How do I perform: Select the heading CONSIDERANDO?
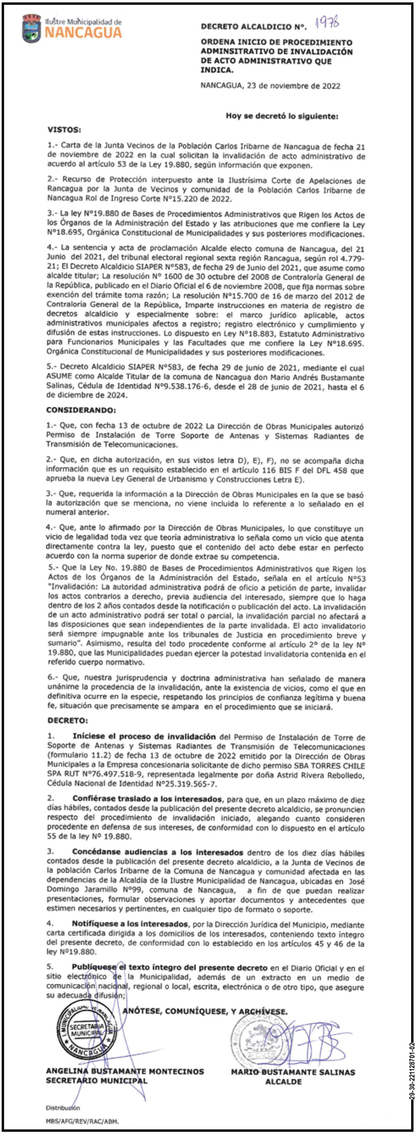(81, 410)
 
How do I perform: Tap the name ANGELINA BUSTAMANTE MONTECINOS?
(125, 1071)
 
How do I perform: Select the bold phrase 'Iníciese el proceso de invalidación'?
(144, 737)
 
